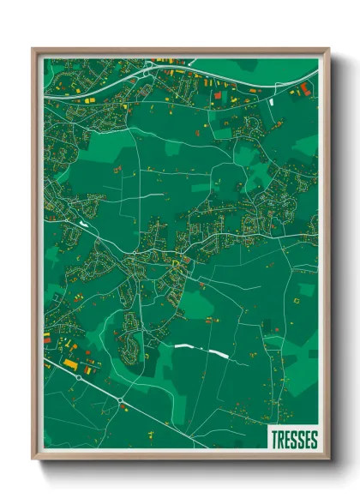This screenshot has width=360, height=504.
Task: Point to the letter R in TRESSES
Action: point(281,440)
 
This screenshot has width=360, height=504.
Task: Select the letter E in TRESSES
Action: point(288,440)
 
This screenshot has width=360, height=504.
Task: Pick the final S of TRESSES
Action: point(314,440)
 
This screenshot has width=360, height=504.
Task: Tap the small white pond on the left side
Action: point(84,224)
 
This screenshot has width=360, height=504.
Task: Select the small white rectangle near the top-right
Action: point(272,101)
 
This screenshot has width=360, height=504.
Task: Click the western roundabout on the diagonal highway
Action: point(79,375)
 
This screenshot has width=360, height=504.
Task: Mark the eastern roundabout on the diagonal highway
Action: point(121,400)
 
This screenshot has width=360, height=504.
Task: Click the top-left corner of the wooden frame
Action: point(33,49)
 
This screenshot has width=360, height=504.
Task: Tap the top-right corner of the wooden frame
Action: point(328,49)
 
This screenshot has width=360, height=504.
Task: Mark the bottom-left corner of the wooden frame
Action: point(33,461)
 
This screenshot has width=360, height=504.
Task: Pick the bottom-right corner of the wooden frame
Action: point(328,461)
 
